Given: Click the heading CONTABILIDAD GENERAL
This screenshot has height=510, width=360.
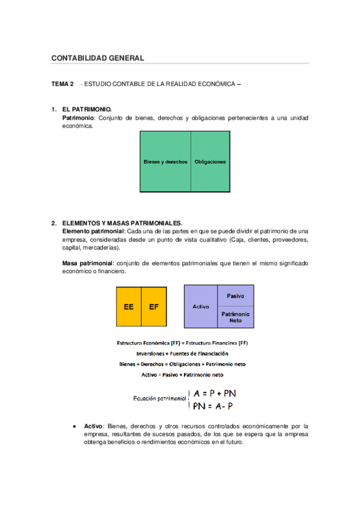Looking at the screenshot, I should (97, 58).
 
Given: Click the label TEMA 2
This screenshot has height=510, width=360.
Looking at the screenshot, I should (63, 84).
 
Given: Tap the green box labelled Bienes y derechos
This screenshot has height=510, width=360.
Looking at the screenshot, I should (165, 162).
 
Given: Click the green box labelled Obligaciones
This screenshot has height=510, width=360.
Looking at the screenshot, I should (210, 162).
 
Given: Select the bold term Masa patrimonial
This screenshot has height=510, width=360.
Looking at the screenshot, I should (88, 263).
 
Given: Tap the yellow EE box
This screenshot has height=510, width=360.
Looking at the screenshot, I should (129, 306).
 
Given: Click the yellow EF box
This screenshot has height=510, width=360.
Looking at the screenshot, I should (153, 306).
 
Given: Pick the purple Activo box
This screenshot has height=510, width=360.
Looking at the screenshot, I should (201, 307).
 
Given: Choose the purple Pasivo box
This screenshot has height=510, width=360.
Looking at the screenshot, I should (235, 296).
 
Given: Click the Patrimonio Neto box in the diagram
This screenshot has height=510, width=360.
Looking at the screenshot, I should (235, 317).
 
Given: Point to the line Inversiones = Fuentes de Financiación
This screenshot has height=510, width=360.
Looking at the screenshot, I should (182, 354).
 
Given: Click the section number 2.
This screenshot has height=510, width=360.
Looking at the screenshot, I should (54, 223).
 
